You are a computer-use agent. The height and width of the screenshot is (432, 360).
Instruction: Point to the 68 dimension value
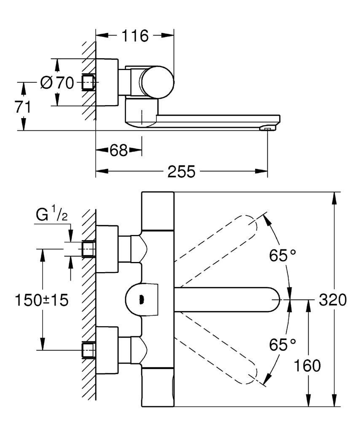(118, 151)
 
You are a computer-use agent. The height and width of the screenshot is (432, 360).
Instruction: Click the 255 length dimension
(181, 171)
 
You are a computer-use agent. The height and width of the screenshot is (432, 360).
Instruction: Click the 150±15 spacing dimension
(41, 300)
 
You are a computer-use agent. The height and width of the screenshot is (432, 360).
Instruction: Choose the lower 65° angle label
(283, 345)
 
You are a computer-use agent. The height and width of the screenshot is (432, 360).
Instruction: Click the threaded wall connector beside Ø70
(88, 82)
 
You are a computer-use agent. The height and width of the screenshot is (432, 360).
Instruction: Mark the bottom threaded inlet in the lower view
(88, 350)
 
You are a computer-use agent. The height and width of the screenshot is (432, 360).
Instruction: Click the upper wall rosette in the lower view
(107, 249)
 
